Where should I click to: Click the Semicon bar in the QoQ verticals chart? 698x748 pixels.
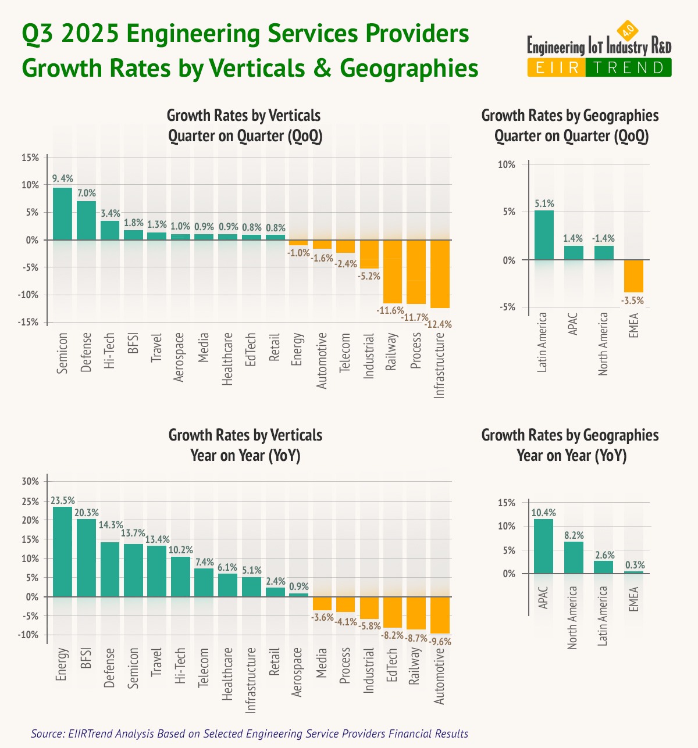coord(62,213)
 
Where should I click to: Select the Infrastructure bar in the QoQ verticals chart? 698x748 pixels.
coord(440,274)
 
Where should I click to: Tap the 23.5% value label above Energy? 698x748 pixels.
coord(62,500)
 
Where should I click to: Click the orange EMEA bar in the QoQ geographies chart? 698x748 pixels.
coord(633,276)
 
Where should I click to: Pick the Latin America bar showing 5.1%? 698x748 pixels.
coord(544,235)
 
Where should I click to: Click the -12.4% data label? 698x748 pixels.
coord(439,324)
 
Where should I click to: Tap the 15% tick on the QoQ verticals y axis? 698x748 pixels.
coord(30,158)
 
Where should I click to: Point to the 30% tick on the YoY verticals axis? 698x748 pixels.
coord(30,481)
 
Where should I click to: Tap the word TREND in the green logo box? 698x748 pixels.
coord(628,68)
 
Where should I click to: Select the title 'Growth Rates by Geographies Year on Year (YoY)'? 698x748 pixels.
coord(570,445)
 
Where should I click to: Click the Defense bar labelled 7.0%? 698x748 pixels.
coord(86,220)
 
